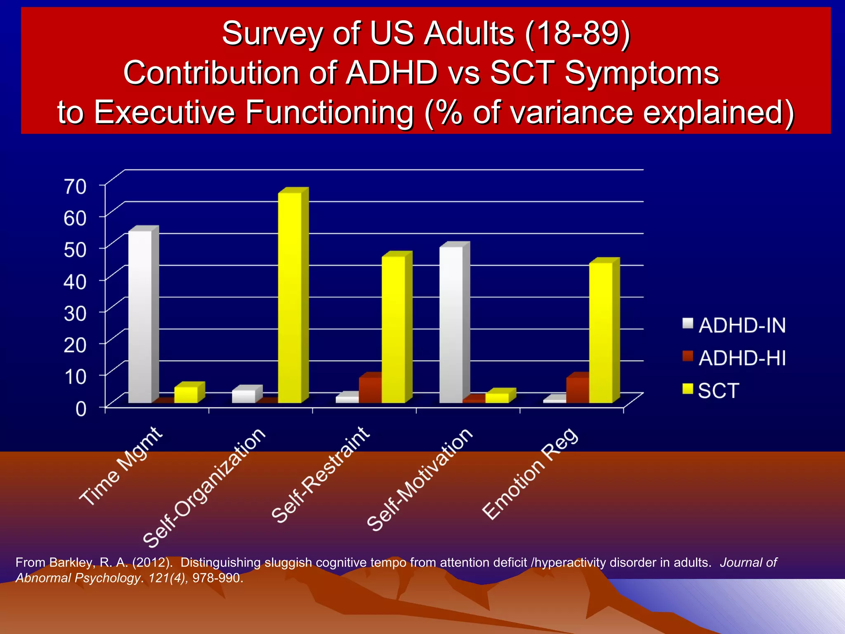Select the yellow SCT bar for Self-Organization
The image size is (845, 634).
click(x=290, y=297)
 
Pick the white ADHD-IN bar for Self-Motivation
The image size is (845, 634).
click(x=451, y=324)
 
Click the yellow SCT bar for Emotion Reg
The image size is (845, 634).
click(x=601, y=332)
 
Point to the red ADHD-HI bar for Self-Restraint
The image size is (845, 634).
click(x=370, y=390)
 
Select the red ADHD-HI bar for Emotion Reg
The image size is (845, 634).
click(x=577, y=390)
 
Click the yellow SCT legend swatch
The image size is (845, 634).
click(x=687, y=389)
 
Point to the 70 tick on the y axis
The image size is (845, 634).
click(x=75, y=187)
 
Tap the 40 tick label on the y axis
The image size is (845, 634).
click(x=75, y=282)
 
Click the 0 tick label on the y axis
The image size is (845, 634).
click(x=81, y=409)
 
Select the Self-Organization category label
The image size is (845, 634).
click(x=204, y=487)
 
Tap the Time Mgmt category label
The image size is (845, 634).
click(x=121, y=466)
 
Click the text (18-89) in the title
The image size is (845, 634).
click(x=577, y=33)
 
